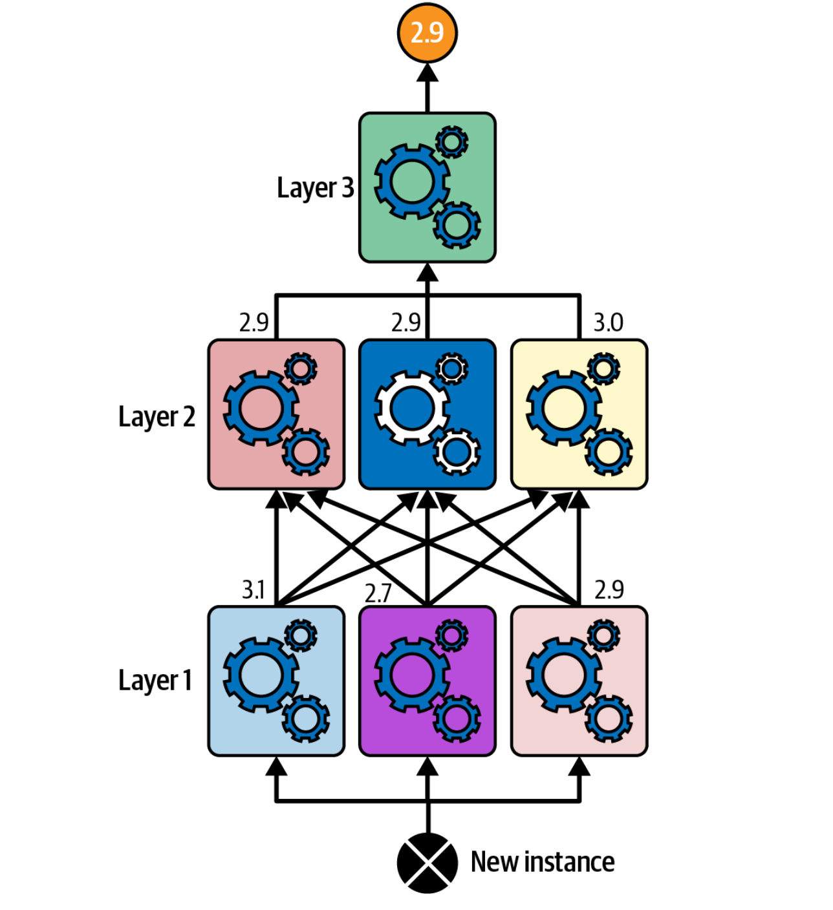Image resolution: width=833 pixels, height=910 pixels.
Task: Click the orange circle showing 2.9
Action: point(427,32)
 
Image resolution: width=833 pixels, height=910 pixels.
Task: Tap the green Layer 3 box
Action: point(427,187)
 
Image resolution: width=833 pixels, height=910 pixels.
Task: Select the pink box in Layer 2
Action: point(276,414)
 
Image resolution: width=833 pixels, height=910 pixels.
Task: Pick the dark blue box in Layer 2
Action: point(427,414)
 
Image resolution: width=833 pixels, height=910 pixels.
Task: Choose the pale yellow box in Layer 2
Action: point(579,414)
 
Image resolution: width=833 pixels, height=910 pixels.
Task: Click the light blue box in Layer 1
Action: point(276,681)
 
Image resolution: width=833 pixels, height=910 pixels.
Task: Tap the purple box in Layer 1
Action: point(427,681)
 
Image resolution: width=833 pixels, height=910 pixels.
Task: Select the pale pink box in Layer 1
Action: point(579,681)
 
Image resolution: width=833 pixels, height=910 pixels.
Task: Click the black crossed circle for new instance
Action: point(427,863)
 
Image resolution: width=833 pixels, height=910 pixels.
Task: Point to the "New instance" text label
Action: point(542,862)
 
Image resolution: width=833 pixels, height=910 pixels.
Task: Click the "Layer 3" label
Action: point(315,188)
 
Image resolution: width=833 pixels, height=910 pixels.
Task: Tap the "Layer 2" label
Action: point(157,417)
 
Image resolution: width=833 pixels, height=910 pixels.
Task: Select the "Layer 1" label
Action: point(155,681)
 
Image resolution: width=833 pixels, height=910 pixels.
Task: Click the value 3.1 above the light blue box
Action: point(253,589)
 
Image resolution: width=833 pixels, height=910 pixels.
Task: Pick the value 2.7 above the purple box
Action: point(378,593)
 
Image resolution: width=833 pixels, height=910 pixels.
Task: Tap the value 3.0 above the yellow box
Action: point(608,322)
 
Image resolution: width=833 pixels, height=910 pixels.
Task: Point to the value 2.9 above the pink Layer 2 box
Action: point(254,322)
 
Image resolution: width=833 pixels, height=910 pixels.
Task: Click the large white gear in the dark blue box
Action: point(412,408)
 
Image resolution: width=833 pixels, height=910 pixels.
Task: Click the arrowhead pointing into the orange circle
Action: point(427,72)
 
